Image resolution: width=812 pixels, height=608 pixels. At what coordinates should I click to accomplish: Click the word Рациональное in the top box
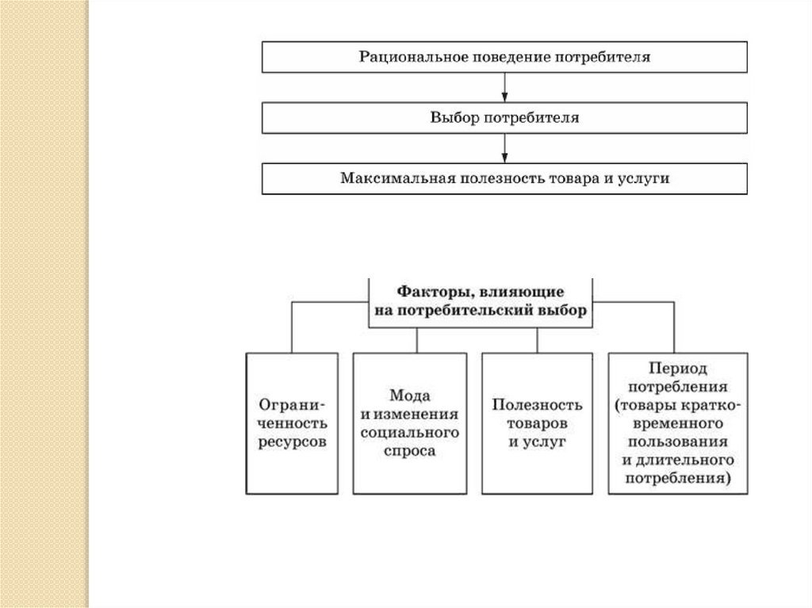pyautogui.click(x=404, y=57)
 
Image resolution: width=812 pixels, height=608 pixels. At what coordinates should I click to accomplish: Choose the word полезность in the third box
pyautogui.click(x=490, y=178)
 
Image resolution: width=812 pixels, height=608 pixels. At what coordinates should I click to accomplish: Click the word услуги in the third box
pyautogui.click(x=644, y=179)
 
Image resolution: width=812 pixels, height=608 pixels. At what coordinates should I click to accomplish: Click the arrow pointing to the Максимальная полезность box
pyautogui.click(x=505, y=148)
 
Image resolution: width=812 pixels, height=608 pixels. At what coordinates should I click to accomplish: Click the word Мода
pyautogui.click(x=410, y=395)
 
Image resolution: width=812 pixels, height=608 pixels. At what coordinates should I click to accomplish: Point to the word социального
pyautogui.click(x=410, y=433)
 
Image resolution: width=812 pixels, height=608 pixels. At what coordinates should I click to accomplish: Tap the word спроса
pyautogui.click(x=410, y=452)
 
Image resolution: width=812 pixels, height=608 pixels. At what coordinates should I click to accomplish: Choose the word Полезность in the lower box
pyautogui.click(x=537, y=404)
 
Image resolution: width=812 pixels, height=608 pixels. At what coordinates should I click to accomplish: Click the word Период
pyautogui.click(x=676, y=369)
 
